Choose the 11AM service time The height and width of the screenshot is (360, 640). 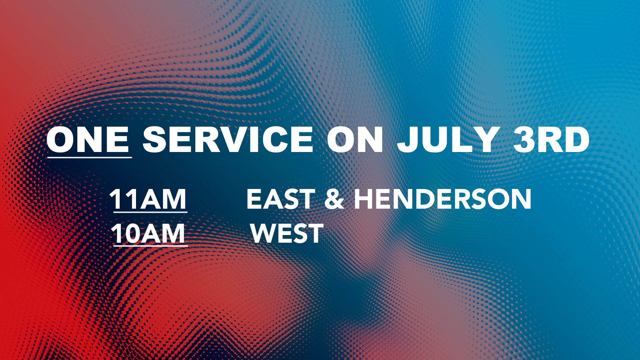148,199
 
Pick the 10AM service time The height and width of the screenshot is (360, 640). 148,233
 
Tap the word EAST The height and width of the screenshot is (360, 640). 281,199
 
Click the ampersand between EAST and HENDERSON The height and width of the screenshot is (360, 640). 334,199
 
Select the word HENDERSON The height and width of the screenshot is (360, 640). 443,199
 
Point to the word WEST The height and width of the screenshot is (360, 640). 287,233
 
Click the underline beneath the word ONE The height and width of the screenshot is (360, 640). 89,157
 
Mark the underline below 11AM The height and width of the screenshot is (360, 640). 150,212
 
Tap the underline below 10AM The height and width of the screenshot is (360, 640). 151,246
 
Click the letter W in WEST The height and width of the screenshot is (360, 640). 265,233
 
